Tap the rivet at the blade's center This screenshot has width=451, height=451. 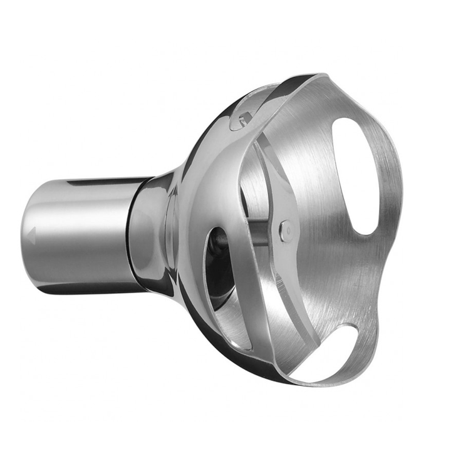[x=286, y=230]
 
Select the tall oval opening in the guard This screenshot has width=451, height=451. [x=355, y=175]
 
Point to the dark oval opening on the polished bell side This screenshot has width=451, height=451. [x=217, y=263]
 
